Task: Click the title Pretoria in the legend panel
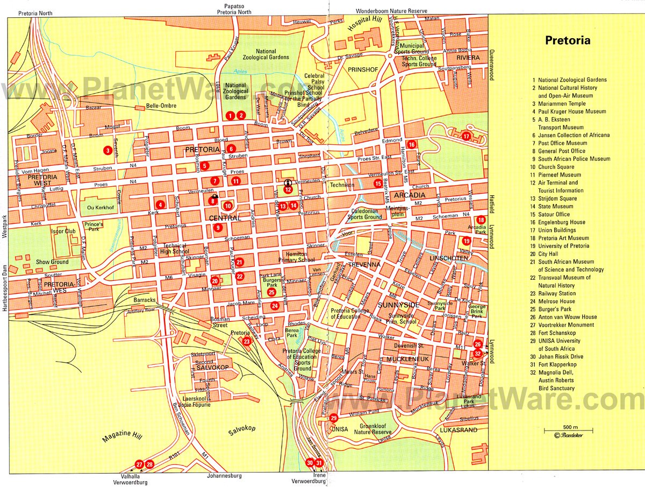click(x=568, y=40)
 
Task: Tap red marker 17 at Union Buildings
click(x=467, y=136)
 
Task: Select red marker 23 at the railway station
click(x=247, y=341)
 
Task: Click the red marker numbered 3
click(x=109, y=151)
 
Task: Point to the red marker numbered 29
click(x=334, y=418)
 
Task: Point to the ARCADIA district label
click(x=410, y=195)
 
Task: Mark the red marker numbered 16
click(x=411, y=144)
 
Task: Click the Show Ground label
click(x=52, y=262)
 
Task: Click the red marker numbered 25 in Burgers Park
click(x=271, y=292)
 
